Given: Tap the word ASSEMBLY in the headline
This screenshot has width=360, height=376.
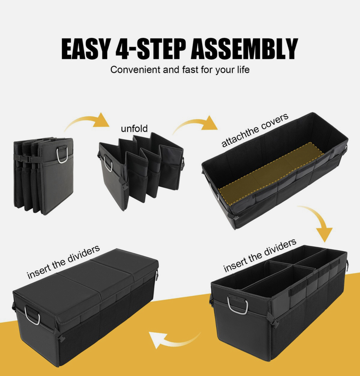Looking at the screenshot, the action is [x=244, y=49].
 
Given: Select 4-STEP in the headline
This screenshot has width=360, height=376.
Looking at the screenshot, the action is [x=150, y=49].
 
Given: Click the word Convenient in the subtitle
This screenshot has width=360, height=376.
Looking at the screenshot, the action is [x=135, y=70].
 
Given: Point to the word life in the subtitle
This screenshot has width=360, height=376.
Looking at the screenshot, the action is [x=243, y=70].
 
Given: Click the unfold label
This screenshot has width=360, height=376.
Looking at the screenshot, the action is [x=134, y=129].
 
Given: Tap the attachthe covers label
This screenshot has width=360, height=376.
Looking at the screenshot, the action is [x=255, y=130].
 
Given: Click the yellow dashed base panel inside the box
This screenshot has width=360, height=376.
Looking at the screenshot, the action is [x=271, y=173].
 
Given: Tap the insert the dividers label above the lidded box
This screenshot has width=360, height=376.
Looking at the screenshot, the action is [x=63, y=262].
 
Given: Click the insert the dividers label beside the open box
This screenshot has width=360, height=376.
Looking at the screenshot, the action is [x=260, y=255].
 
